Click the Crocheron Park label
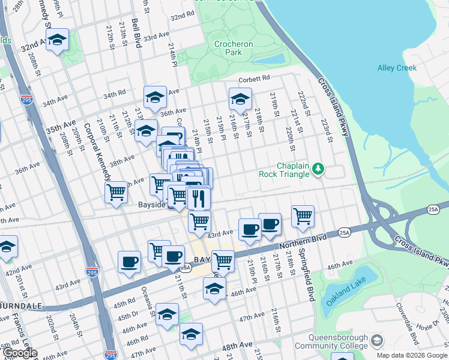pyautogui.click(x=234, y=48)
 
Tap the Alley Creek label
pyautogui.click(x=397, y=68)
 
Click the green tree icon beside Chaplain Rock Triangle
pyautogui.click(x=319, y=170)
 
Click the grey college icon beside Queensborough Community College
pyautogui.click(x=376, y=341)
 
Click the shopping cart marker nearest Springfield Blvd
pyautogui.click(x=303, y=216)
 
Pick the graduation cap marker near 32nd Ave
pyautogui.click(x=57, y=40)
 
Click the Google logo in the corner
pyautogui.click(x=20, y=353)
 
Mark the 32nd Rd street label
pyautogui.click(x=182, y=16)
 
